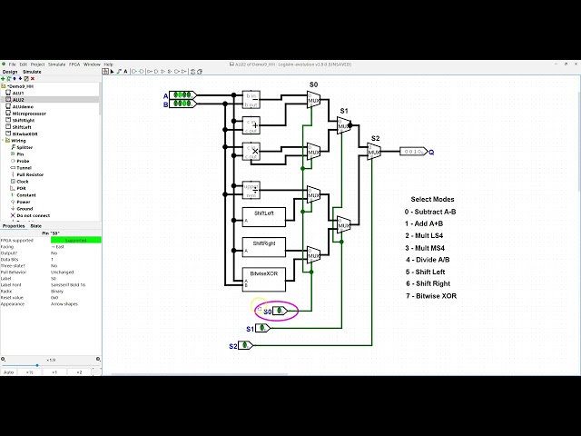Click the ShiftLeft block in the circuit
tap(264, 217)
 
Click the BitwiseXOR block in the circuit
tap(264, 277)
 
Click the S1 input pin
tap(263, 328)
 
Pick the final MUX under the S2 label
tap(373, 152)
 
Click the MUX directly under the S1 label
tap(343, 125)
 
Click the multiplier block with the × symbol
tap(251, 150)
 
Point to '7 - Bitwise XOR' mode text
tap(435, 296)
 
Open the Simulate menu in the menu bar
tap(56, 64)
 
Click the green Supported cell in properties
tap(75, 240)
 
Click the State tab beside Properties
tap(36, 225)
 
